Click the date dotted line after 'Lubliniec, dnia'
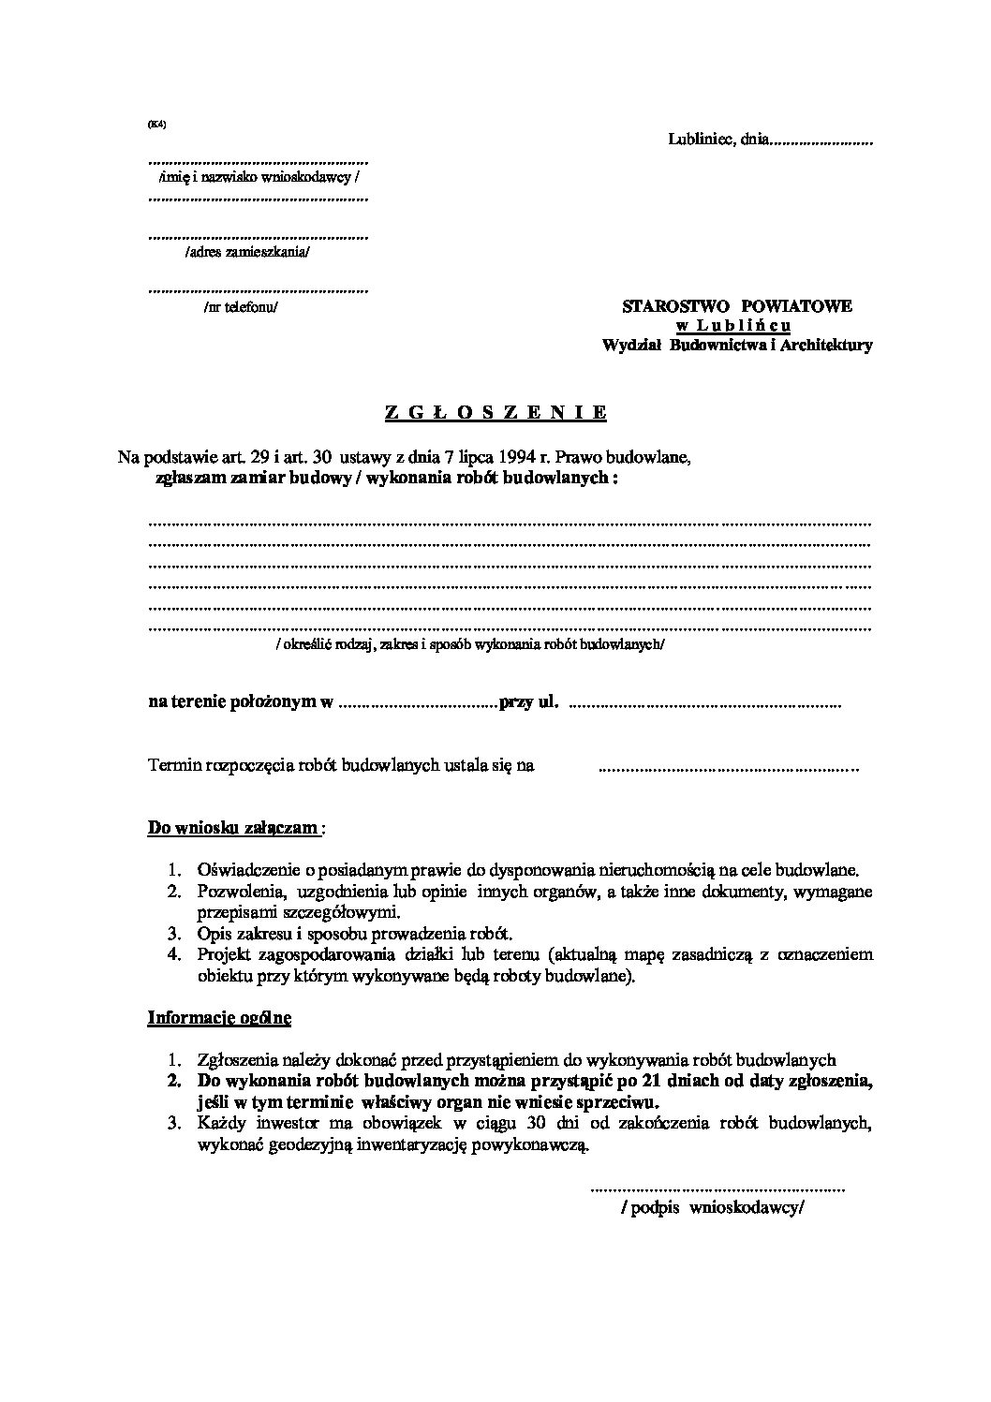click(821, 143)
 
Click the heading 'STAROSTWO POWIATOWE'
click(737, 306)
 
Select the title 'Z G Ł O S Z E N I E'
click(496, 412)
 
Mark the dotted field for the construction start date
click(727, 769)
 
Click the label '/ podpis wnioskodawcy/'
click(712, 1208)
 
